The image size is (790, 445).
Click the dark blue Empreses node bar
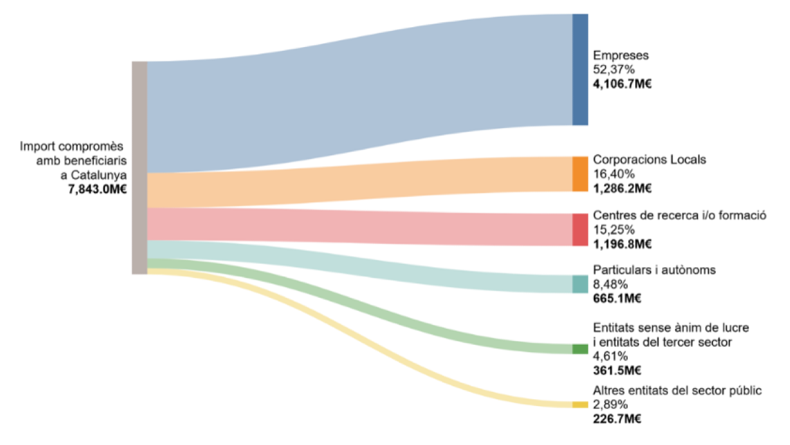[580, 69]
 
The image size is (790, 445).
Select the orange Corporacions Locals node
[580, 174]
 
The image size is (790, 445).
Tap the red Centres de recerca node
[580, 229]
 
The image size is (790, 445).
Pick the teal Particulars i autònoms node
[580, 284]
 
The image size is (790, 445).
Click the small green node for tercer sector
[580, 349]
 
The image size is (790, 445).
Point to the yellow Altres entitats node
[580, 405]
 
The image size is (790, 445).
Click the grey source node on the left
[139, 167]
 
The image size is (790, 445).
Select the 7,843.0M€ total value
[98, 189]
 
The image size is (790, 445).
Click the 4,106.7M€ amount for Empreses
[622, 84]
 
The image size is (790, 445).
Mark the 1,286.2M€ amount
[622, 189]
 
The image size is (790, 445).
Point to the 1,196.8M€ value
[622, 244]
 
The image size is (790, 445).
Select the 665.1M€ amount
[617, 299]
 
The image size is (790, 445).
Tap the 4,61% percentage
[610, 356]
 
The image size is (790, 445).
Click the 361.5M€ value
[617, 371]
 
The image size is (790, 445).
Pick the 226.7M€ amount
[617, 420]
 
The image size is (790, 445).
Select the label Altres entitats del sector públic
[677, 391]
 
